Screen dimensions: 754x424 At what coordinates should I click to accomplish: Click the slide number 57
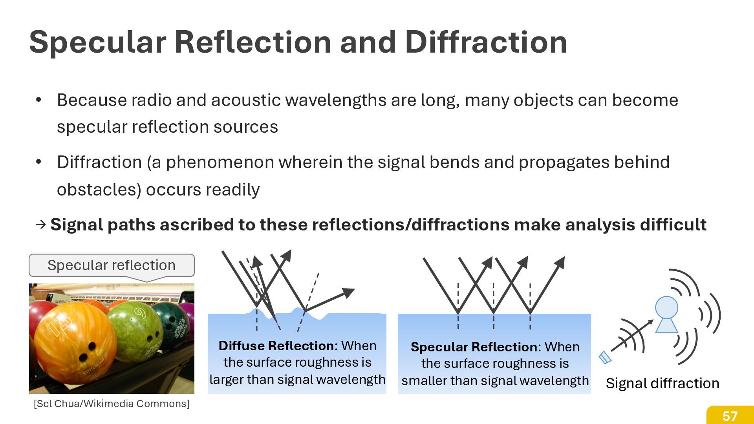point(730,416)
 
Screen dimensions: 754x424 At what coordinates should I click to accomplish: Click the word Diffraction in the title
point(486,42)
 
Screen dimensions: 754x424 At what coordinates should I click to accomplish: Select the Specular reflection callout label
point(112,265)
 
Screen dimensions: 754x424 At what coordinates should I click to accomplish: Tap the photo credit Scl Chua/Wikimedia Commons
point(112,404)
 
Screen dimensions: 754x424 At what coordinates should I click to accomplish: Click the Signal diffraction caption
point(662,384)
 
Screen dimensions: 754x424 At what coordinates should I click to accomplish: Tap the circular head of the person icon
point(666,307)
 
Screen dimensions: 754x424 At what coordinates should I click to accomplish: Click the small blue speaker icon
point(605,357)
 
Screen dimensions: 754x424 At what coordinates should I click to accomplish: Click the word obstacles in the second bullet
point(99,190)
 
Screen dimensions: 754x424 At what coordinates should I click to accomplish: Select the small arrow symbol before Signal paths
point(41,225)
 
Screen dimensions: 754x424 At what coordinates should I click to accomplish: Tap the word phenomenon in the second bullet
point(220,163)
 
